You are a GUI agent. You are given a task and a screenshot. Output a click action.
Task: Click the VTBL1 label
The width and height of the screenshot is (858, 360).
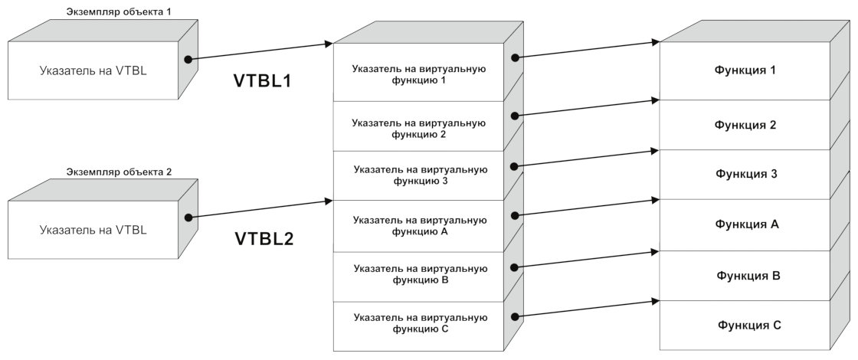click(x=262, y=80)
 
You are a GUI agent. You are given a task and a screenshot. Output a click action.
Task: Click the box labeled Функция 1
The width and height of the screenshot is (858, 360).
click(x=745, y=70)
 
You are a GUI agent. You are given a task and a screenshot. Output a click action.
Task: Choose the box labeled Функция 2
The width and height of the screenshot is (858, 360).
click(x=745, y=125)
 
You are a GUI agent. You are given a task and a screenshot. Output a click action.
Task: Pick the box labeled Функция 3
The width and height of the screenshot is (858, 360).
click(x=745, y=174)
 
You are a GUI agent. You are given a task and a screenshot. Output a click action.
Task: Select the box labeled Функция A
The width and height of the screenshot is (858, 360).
click(x=745, y=224)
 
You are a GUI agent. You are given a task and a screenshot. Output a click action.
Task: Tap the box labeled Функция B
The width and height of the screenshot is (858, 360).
click(x=745, y=274)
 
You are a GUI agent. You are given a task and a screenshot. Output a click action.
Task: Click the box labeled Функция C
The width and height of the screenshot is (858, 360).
click(x=745, y=325)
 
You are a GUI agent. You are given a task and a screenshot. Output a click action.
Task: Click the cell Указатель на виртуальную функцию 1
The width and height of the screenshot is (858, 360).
click(x=419, y=74)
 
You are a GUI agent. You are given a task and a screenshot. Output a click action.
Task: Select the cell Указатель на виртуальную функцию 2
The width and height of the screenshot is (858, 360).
click(x=419, y=128)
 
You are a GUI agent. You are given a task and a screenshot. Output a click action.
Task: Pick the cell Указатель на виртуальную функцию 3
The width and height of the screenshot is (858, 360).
click(x=419, y=175)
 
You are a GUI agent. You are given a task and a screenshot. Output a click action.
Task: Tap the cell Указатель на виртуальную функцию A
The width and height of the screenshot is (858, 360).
click(x=419, y=225)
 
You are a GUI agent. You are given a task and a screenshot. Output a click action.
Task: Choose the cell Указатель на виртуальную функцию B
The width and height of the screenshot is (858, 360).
click(x=419, y=274)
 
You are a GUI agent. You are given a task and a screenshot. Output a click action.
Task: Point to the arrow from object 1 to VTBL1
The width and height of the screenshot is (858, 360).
click(x=260, y=51)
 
